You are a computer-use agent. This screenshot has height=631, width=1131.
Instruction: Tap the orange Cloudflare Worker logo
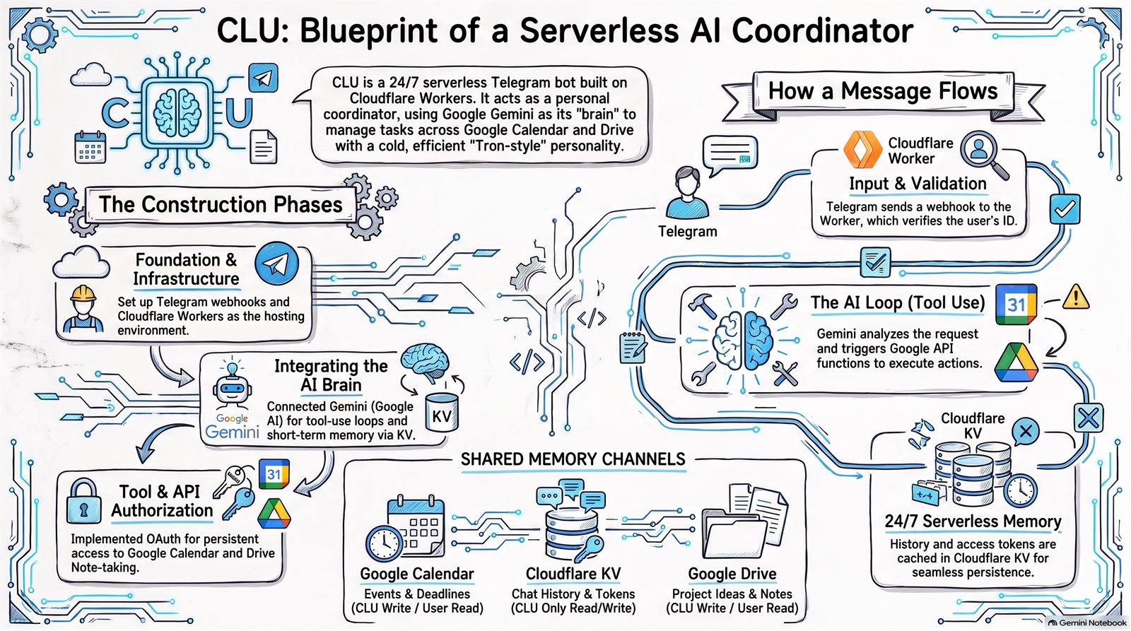862,149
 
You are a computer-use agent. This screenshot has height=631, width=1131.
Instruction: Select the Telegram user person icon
687,192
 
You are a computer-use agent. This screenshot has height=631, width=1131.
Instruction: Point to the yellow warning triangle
1075,297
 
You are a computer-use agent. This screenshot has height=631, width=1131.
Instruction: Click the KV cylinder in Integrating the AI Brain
442,413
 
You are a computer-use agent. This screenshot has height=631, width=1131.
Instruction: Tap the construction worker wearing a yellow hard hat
83,308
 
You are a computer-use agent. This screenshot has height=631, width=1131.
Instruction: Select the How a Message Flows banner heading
883,91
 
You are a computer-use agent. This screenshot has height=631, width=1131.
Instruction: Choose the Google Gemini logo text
232,427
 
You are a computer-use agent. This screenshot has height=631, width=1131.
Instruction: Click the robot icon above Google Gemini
232,384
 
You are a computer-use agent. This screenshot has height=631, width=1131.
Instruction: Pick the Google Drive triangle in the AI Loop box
1016,362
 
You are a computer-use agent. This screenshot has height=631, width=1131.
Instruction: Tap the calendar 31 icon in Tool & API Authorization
274,474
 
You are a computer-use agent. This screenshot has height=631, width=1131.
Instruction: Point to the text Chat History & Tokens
573,594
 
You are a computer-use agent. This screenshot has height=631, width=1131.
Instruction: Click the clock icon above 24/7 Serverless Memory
1020,490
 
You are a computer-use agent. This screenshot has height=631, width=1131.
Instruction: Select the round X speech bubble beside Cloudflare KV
1026,432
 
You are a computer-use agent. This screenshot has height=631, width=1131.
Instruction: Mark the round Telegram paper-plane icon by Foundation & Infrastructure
276,264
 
